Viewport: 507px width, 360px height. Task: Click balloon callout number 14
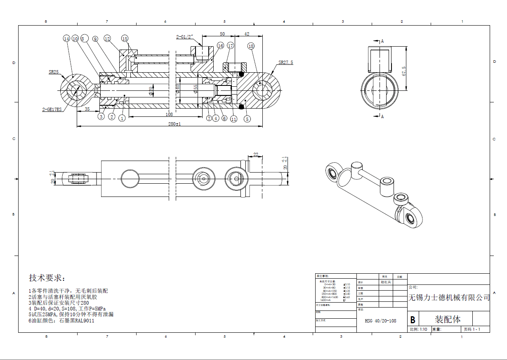pos(66,38)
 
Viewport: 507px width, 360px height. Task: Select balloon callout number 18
pos(251,46)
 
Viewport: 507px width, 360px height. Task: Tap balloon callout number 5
pos(247,119)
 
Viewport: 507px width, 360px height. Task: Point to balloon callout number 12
pos(107,38)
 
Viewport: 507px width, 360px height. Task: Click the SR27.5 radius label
pos(285,63)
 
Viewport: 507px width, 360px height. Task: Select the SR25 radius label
pos(54,72)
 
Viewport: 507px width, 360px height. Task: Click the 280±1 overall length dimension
pos(175,124)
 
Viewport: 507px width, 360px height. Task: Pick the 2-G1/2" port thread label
pos(185,37)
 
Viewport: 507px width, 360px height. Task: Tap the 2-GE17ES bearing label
pos(52,110)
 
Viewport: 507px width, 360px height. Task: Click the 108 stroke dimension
pos(169,114)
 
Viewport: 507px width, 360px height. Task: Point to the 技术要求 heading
pos(47,277)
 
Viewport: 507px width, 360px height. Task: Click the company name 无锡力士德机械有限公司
pos(449,298)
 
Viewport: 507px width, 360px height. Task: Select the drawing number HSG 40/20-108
pos(380,321)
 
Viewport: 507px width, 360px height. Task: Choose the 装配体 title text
pos(448,320)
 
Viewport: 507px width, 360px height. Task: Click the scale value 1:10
pos(423,329)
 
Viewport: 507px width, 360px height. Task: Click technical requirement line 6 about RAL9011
pos(61,320)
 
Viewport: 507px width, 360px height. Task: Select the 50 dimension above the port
pos(222,34)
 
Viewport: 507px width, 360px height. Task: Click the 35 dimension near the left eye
pos(87,109)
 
